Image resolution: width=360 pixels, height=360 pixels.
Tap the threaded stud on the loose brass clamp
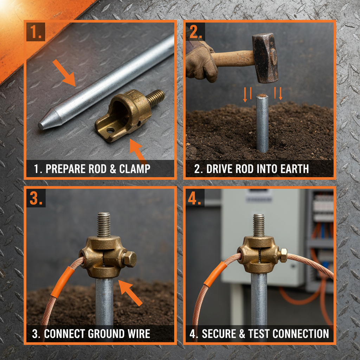(155, 98)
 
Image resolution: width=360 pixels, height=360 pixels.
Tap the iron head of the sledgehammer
(265, 57)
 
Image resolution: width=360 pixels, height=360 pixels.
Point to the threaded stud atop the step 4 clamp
(259, 225)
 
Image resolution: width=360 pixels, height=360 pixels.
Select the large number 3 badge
(36, 199)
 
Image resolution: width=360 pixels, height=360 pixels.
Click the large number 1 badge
(36, 32)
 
